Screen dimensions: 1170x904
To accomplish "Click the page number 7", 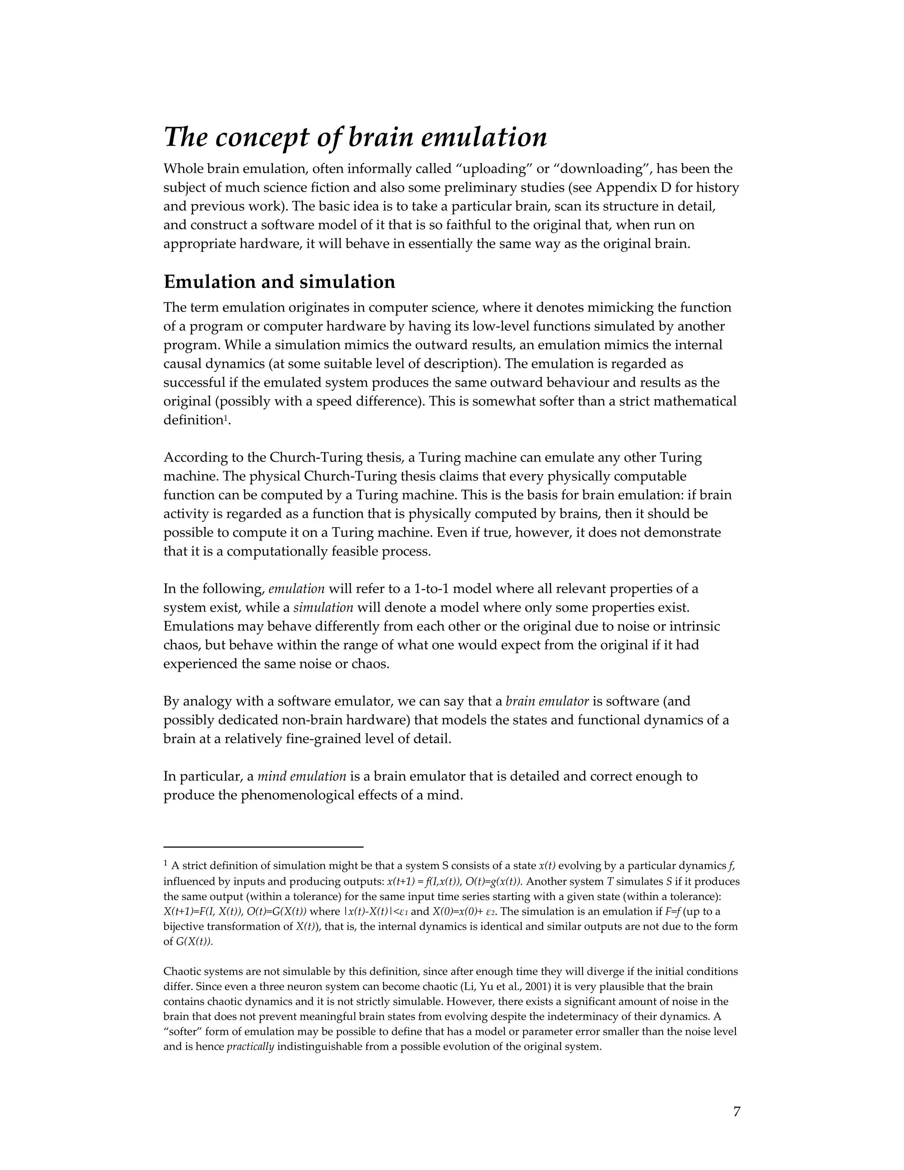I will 736,1112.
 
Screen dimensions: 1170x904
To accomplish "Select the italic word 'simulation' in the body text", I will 323,608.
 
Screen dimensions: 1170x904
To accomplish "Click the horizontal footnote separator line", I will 263,847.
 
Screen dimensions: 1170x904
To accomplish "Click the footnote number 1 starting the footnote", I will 166,864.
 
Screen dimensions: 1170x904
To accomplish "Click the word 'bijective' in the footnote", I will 181,926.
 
